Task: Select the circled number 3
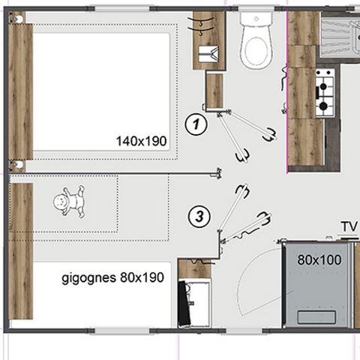[198, 217]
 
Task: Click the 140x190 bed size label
[141, 140]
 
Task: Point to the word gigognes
[88, 277]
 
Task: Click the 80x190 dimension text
[141, 277]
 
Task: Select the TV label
[347, 226]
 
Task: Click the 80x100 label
[317, 261]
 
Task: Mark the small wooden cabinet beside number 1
[214, 90]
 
